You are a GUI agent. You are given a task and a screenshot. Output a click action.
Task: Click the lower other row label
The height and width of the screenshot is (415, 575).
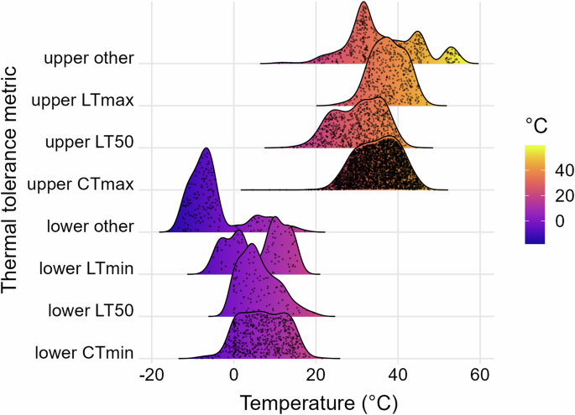[x=91, y=226]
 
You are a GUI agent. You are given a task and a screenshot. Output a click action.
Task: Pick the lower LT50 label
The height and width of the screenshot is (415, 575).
[x=91, y=311]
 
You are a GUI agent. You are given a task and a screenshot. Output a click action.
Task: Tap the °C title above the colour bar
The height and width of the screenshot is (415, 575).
[x=537, y=127]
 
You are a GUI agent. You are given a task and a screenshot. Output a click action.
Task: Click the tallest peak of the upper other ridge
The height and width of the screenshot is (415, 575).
[x=363, y=3]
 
